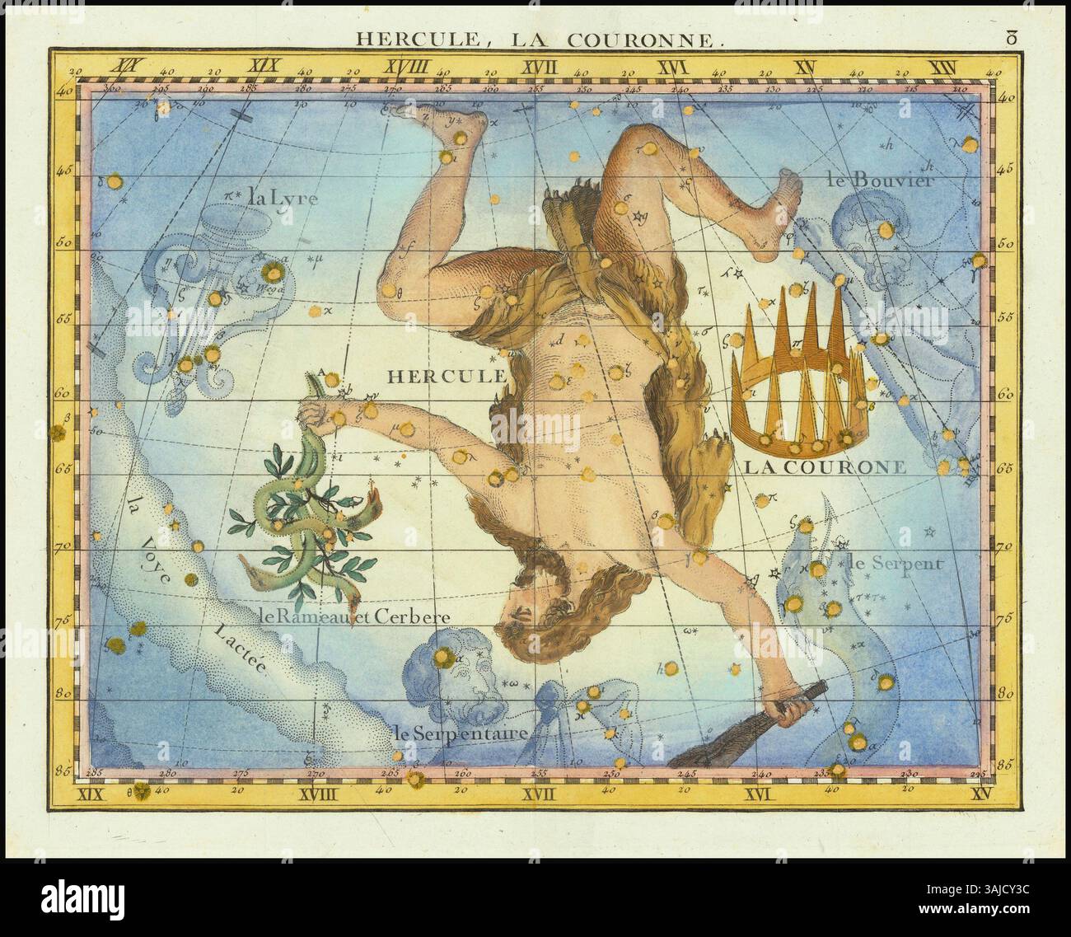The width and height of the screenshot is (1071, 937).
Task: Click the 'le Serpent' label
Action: (x=894, y=565)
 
